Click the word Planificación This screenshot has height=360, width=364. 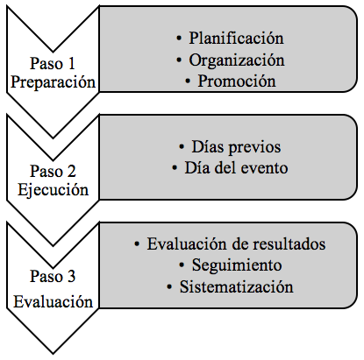(236, 39)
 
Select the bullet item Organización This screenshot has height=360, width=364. (237, 60)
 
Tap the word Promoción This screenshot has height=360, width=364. (237, 81)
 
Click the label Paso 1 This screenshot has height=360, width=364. (53, 63)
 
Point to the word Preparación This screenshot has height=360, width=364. (54, 82)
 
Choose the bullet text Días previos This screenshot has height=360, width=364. (236, 147)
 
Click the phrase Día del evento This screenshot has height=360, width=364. (236, 167)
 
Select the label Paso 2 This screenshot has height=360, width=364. (53, 171)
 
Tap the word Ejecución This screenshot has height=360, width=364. (54, 190)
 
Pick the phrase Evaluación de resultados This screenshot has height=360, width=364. (236, 244)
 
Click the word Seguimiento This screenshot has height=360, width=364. (237, 265)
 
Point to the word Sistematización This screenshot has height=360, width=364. (237, 286)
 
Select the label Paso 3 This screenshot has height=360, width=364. (53, 276)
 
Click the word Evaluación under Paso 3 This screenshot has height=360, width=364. (54, 301)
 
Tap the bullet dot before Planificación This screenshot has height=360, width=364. (179, 39)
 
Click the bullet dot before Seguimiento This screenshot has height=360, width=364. (182, 265)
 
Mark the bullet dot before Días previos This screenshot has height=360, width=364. (182, 147)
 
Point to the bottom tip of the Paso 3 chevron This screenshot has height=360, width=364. (53, 354)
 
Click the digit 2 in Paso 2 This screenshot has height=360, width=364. (72, 171)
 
